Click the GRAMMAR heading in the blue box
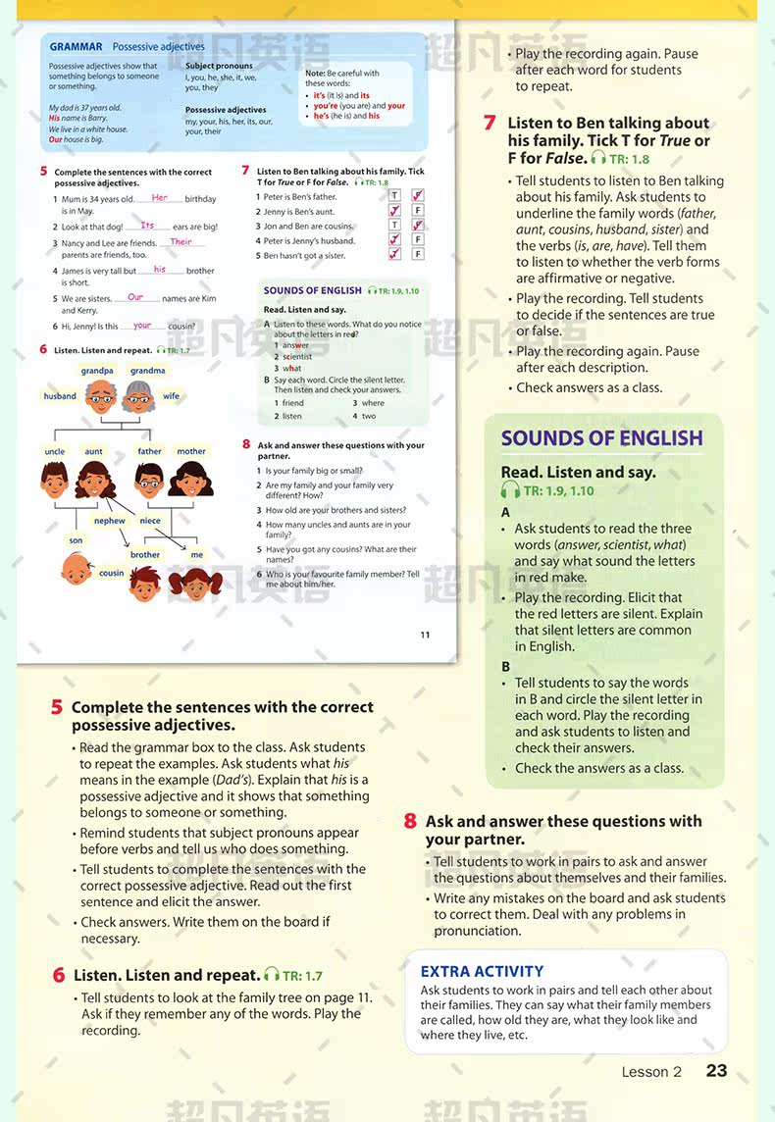click(76, 46)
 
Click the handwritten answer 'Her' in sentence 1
click(160, 198)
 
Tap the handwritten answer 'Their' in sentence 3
click(181, 241)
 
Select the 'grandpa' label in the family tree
click(97, 371)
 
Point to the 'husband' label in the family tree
click(60, 396)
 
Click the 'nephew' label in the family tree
click(109, 521)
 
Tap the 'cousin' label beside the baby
click(112, 573)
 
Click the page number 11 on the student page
click(425, 635)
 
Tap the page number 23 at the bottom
click(717, 1070)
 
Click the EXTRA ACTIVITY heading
click(482, 971)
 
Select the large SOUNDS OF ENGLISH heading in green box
click(601, 438)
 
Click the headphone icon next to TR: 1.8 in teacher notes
click(598, 158)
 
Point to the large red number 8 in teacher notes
click(411, 822)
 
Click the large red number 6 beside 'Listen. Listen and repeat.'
click(59, 975)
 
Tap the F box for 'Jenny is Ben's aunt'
click(418, 211)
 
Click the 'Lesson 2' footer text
click(651, 1072)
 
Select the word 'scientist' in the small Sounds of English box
click(297, 357)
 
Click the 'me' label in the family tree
click(197, 554)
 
